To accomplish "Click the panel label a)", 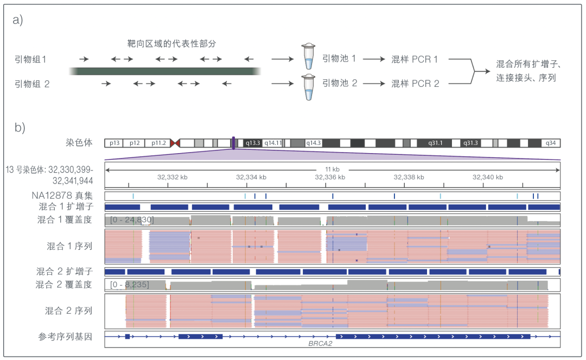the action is tap(17, 20).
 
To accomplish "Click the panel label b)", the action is tap(20, 128).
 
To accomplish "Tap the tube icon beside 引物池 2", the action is tap(308, 87).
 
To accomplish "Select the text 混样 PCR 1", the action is tap(415, 59).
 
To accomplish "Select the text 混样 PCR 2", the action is tap(415, 84).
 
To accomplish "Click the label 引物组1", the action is tap(30, 59).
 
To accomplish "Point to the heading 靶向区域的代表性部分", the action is tap(171, 43).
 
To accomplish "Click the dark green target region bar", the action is tap(165, 71).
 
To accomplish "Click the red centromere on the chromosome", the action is tap(175, 143).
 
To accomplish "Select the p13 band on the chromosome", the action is tap(114, 143).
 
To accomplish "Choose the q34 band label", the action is tap(551, 143).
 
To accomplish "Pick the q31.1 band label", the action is tap(435, 143).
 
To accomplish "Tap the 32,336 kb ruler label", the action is tap(330, 177).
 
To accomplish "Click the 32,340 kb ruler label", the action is tap(488, 177).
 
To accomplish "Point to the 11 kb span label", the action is tap(332, 169).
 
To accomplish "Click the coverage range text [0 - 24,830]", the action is tap(132, 220).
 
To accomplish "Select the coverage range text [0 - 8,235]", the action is tap(129, 285).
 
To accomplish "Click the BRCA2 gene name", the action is tap(320, 344).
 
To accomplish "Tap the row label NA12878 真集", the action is tap(62, 195).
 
